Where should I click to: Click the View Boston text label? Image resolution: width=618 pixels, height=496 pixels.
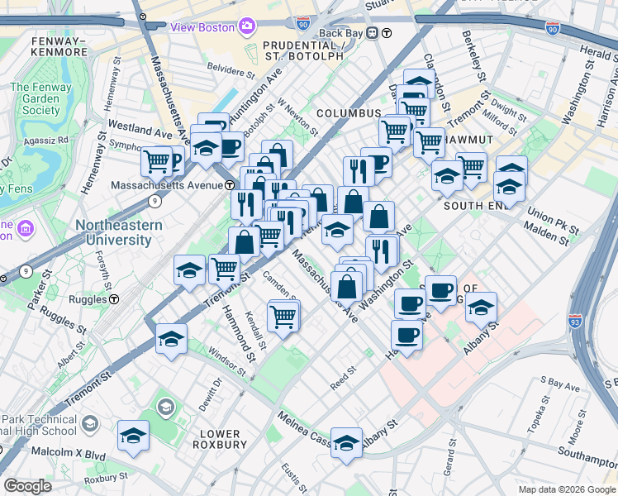pyautogui.click(x=202, y=26)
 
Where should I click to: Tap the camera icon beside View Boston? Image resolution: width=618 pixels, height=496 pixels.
pyautogui.click(x=245, y=26)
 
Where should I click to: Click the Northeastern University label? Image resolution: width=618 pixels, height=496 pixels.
pyautogui.click(x=113, y=232)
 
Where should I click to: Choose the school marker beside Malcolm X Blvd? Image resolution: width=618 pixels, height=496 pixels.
pyautogui.click(x=133, y=435)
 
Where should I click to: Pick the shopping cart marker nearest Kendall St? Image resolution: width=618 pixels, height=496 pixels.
pyautogui.click(x=283, y=315)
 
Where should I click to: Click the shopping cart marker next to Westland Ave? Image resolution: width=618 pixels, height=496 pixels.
pyautogui.click(x=156, y=160)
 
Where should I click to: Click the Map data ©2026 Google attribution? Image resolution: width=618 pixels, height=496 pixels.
pyautogui.click(x=566, y=489)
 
